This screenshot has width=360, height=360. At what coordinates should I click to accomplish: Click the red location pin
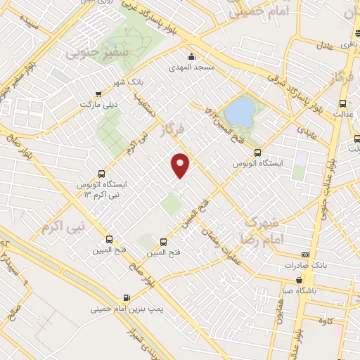coord(181,165)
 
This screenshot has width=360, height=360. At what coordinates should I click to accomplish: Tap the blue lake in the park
coord(241,110)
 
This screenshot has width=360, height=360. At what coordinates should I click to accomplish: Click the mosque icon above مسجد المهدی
coord(191,58)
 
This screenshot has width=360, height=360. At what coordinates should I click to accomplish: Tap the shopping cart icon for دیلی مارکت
coord(98,92)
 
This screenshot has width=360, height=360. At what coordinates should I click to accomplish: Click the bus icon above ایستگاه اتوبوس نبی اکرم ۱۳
coord(102,174)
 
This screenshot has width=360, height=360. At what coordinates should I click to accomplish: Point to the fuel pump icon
coord(127,297)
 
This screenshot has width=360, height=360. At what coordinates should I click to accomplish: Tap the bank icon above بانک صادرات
coord(304,254)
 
